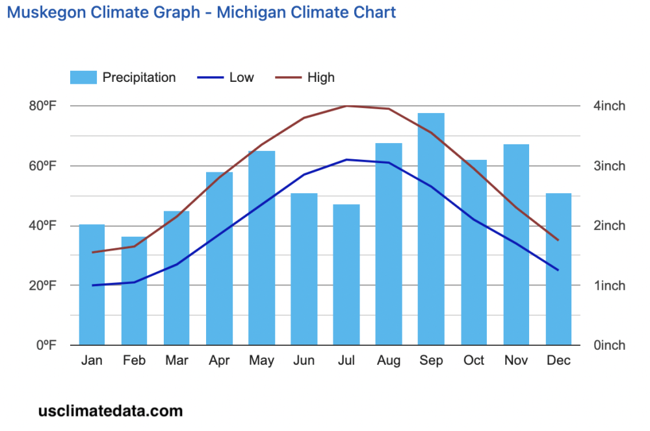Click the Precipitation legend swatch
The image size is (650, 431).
click(x=83, y=77)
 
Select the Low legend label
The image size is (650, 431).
click(x=241, y=77)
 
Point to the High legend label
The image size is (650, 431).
click(x=320, y=77)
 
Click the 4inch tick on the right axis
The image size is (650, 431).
click(x=610, y=106)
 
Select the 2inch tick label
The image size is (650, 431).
click(x=610, y=226)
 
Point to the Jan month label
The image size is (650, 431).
click(x=92, y=361)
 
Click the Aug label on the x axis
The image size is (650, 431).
click(x=389, y=361)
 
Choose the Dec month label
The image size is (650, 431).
click(x=558, y=361)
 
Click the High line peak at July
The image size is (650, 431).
click(x=346, y=105)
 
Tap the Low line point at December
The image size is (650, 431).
click(x=558, y=270)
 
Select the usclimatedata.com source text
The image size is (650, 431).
click(x=110, y=411)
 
